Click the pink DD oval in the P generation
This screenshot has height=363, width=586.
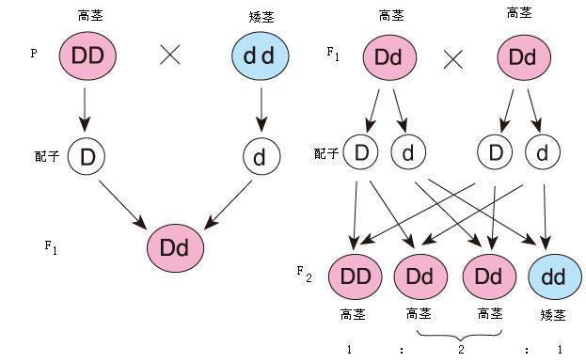[x=87, y=55]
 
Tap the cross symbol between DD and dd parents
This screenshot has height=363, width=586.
[x=170, y=55]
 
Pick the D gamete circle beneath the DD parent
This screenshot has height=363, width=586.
[x=87, y=156]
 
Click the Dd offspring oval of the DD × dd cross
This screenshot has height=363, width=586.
[x=175, y=248]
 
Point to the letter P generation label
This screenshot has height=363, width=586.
[x=34, y=55]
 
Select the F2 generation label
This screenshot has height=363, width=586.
[x=304, y=273]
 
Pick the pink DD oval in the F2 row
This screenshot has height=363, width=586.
[x=355, y=277]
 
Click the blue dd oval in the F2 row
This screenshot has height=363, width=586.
[x=553, y=277]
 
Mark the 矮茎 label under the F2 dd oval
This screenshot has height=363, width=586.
[x=554, y=313]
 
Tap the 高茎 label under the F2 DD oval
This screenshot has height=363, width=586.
[x=354, y=313]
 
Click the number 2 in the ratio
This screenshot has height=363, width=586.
[x=461, y=349]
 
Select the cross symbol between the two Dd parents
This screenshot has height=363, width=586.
[x=453, y=60]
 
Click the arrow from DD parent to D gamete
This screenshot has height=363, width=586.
[x=86, y=109]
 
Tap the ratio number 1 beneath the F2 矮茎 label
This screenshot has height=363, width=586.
[x=560, y=349]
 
